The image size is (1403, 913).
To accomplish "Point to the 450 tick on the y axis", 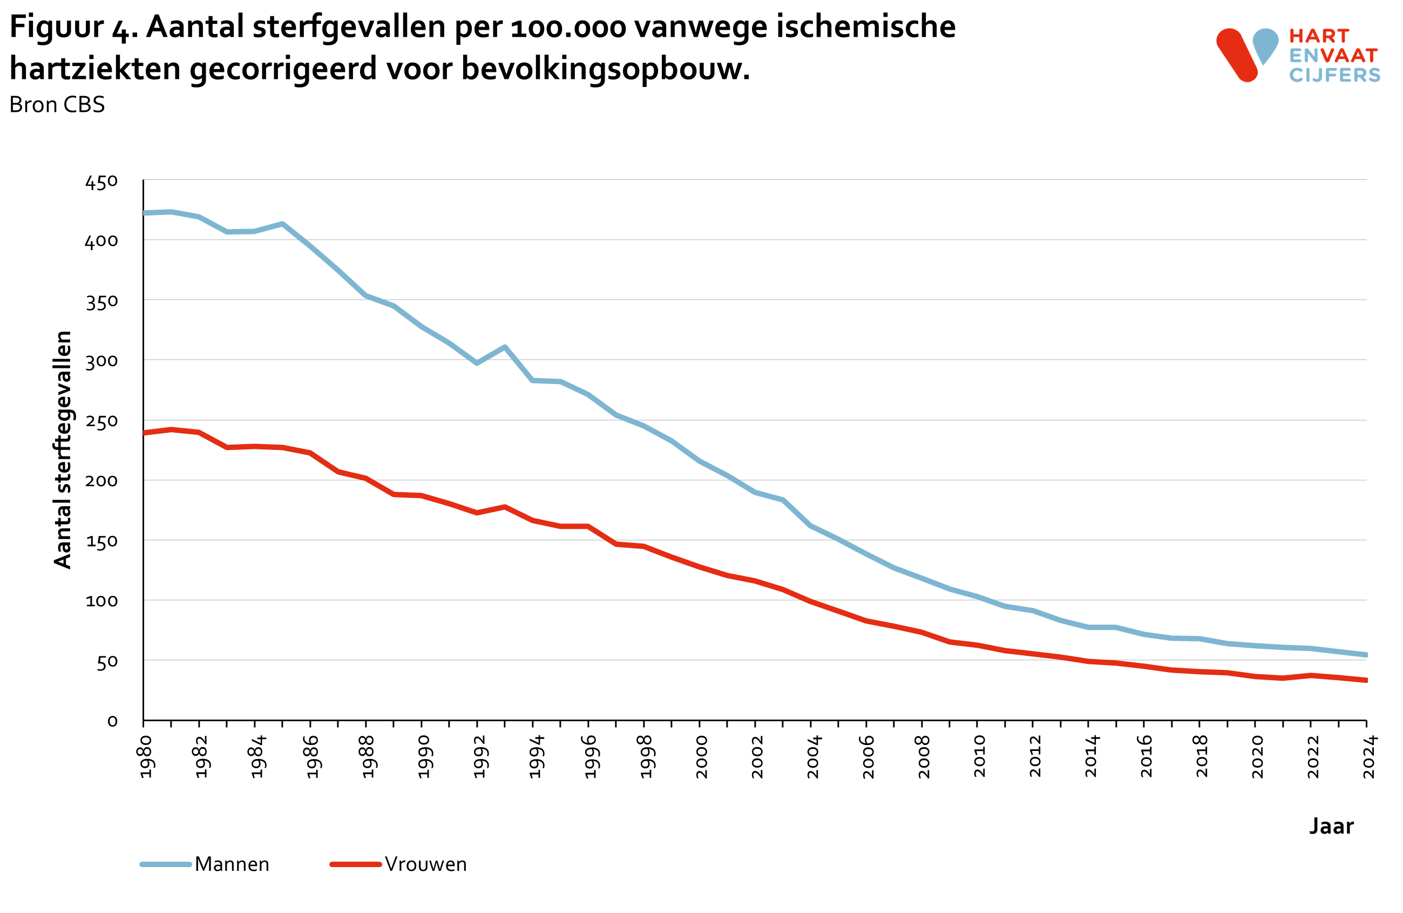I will pos(101,182).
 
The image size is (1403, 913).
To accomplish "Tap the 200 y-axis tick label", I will pos(101,481).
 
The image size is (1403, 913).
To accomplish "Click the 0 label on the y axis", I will pos(112,721).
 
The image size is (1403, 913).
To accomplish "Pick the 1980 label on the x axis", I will pos(146,757).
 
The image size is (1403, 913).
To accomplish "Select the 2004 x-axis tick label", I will pos(813,757).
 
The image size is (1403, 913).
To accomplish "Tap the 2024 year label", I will pos(1369,757).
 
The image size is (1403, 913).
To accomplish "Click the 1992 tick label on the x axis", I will pos(479,757).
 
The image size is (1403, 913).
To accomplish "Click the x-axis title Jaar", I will pos(1331,825).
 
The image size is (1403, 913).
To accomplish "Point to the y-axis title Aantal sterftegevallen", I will pos(63,449).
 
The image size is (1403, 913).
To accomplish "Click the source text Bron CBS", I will pos(57,105).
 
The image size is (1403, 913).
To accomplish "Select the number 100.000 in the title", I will pos(568,27).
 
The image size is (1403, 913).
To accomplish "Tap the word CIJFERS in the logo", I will pos(1334,76).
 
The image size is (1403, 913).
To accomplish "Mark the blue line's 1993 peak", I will pos(505,347).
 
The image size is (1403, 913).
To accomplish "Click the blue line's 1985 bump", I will pos(282,224).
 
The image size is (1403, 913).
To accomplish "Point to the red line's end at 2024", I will pos(1365,680).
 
